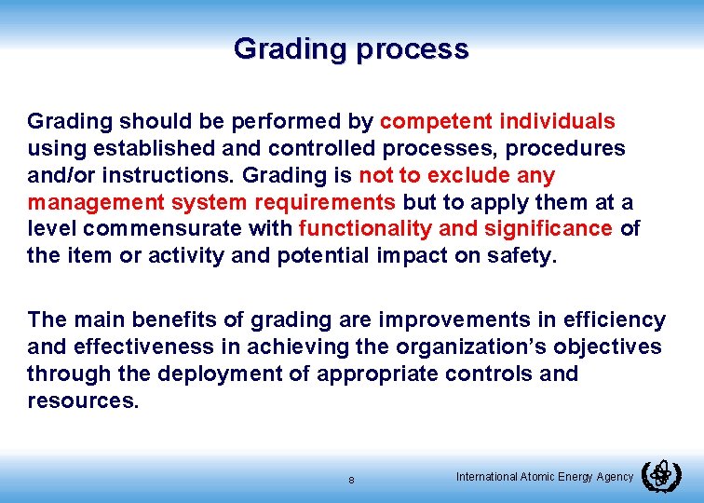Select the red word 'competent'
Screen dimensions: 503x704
(x=436, y=121)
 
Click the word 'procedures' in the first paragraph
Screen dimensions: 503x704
(x=570, y=148)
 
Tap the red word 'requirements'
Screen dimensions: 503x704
(x=330, y=202)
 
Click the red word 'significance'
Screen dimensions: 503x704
(x=557, y=229)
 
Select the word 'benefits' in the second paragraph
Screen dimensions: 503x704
(x=185, y=319)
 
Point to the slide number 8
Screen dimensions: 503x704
(x=351, y=481)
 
